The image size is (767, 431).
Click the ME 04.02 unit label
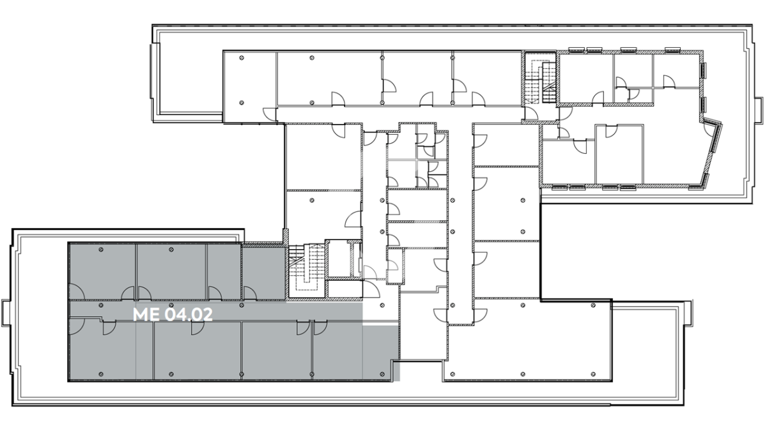pyautogui.click(x=173, y=315)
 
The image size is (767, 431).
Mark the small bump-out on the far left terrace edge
pyautogui.click(x=6, y=313)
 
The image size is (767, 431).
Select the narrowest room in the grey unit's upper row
pyautogui.click(x=224, y=271)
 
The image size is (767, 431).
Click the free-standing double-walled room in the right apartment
pyautogui.click(x=619, y=155)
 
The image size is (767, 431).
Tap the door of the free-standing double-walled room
pyautogui.click(x=611, y=132)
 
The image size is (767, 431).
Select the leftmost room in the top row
pyautogui.click(x=250, y=87)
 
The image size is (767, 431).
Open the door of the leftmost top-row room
pyautogui.click(x=270, y=114)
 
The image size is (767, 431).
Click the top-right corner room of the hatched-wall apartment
pyautogui.click(x=677, y=70)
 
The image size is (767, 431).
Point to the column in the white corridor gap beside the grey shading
pyautogui.click(x=382, y=305)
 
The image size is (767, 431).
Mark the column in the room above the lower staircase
pyautogui.click(x=312, y=200)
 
